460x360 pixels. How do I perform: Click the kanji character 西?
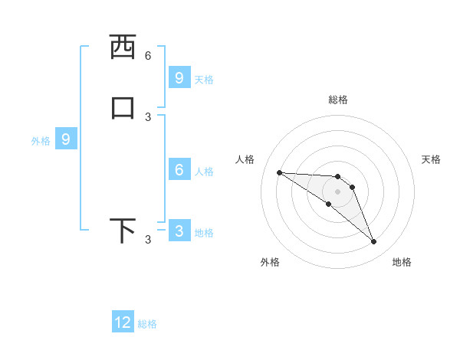(123, 47)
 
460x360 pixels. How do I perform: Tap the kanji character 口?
(123, 107)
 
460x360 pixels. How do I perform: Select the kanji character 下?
(123, 231)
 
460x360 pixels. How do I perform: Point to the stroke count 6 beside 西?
(148, 55)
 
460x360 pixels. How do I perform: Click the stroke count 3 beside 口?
(148, 116)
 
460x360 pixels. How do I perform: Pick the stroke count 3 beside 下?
(148, 240)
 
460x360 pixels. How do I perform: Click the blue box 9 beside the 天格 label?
(179, 78)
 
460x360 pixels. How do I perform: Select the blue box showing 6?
(179, 170)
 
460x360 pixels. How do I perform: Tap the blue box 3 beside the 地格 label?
(179, 231)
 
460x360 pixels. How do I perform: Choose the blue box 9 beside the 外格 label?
(66, 139)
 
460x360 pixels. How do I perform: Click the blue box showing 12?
(123, 322)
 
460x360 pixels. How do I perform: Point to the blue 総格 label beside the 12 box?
(147, 324)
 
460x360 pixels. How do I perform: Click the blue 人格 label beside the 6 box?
(204, 172)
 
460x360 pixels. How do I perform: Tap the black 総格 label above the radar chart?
(337, 100)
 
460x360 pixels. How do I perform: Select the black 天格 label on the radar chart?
(431, 159)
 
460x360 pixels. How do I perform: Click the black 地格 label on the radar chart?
(402, 262)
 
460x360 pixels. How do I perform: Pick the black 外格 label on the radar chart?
(270, 262)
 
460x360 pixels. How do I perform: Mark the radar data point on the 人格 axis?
(279, 172)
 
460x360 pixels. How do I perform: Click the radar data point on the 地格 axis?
(374, 242)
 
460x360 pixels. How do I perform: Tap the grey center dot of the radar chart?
(337, 191)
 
